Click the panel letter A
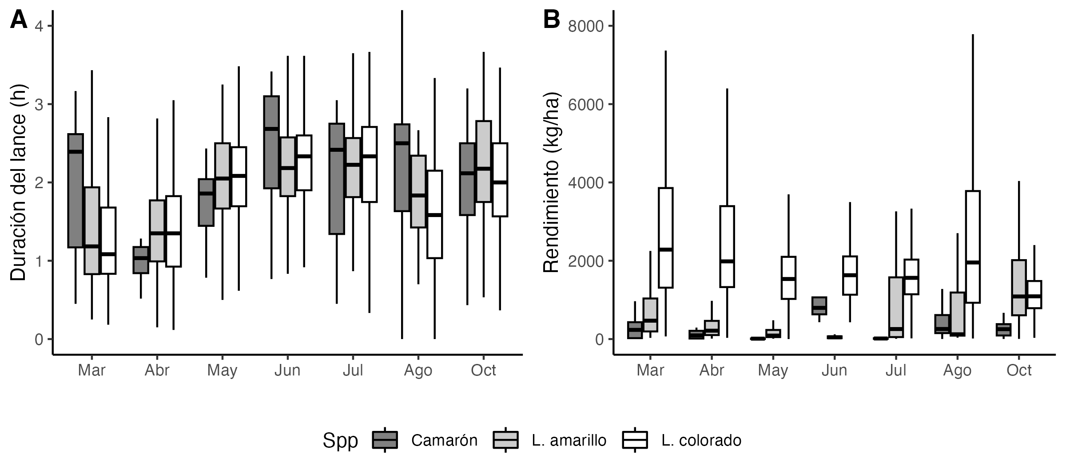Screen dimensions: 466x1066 pyautogui.click(x=19, y=20)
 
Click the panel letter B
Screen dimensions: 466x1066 pyautogui.click(x=552, y=20)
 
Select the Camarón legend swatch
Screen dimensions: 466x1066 pyautogui.click(x=385, y=440)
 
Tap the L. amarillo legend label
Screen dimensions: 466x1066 pyautogui.click(x=569, y=440)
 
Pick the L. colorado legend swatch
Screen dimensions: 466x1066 pyautogui.click(x=635, y=440)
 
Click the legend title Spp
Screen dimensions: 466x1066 pyautogui.click(x=340, y=440)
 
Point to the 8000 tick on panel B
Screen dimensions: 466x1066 pyautogui.click(x=586, y=26)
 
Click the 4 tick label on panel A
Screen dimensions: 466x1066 pyautogui.click(x=39, y=26)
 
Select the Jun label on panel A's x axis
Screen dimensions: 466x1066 pyautogui.click(x=287, y=370)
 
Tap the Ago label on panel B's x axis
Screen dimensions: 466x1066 pyautogui.click(x=957, y=370)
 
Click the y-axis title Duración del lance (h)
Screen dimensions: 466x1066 pyautogui.click(x=19, y=182)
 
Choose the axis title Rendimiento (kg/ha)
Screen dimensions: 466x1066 pyautogui.click(x=551, y=182)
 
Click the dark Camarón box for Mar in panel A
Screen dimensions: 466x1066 pyautogui.click(x=76, y=190)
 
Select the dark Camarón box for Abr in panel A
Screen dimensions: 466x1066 pyautogui.click(x=141, y=260)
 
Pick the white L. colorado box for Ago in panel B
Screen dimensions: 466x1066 pyautogui.click(x=973, y=247)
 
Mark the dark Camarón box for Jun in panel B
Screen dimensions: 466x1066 pyautogui.click(x=819, y=306)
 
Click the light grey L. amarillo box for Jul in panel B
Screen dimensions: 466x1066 pyautogui.click(x=896, y=307)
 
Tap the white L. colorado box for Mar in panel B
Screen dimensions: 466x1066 pyautogui.click(x=665, y=237)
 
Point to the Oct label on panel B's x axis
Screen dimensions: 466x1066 pyautogui.click(x=1019, y=370)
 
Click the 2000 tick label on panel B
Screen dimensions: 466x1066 pyautogui.click(x=586, y=261)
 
